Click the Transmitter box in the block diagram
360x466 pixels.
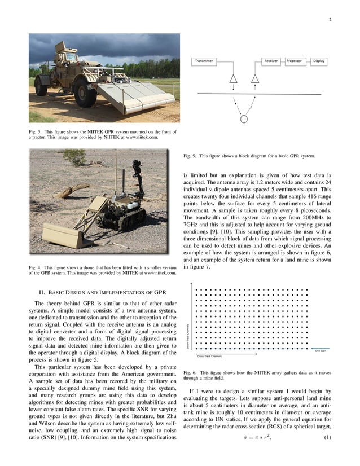point(204,61)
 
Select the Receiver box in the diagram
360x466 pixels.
point(271,61)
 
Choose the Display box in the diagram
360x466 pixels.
point(318,61)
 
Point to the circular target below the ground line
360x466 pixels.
point(244,119)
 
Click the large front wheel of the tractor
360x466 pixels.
point(85,94)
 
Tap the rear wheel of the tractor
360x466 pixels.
point(41,85)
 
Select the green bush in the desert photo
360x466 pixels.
point(74,157)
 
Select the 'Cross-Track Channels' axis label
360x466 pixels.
point(209,357)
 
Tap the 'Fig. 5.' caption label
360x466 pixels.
point(190,156)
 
